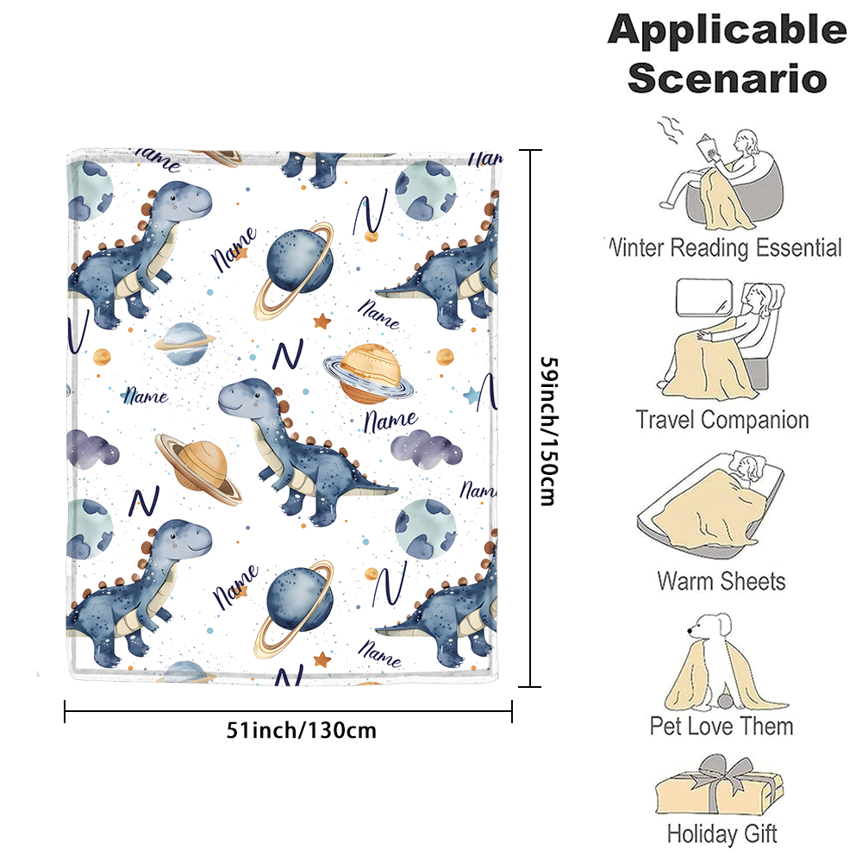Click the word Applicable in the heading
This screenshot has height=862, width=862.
click(727, 30)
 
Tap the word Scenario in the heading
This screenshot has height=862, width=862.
click(727, 78)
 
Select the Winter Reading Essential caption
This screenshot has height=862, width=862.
click(724, 248)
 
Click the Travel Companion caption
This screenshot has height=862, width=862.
click(722, 420)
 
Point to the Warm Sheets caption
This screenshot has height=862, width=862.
click(721, 579)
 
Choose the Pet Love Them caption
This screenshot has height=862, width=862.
click(721, 725)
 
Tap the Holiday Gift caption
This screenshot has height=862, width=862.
click(721, 834)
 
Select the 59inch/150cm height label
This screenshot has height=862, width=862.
click(548, 430)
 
